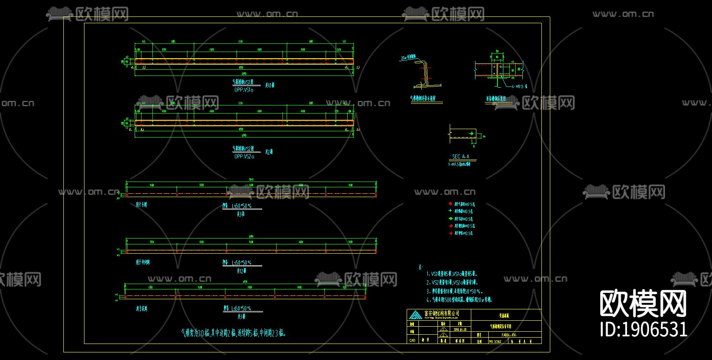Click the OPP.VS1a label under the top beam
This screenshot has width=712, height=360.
point(244,90)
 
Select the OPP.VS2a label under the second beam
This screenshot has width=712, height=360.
point(244,157)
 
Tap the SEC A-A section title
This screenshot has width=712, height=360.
point(461,157)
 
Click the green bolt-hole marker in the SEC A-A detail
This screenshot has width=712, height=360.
point(472,134)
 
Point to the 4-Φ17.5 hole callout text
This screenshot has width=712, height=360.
point(519,87)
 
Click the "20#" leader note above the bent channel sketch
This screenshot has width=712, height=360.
point(408,57)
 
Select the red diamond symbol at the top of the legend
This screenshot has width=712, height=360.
point(450,204)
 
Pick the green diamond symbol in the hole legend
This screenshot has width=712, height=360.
point(451,219)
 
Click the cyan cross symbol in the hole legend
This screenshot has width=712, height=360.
point(450,211)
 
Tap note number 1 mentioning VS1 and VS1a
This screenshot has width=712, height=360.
point(451,274)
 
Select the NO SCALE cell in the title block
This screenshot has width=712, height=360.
point(495,341)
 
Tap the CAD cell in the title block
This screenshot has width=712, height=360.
point(413,340)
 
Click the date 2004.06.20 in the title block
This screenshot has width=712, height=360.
point(460,329)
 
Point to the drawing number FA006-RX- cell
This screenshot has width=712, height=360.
point(509,335)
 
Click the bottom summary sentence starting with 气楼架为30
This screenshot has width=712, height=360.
point(234,333)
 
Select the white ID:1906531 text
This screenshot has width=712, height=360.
point(643,330)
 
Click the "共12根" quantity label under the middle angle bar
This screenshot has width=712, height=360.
point(241,271)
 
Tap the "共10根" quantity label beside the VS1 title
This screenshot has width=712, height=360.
point(269,85)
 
